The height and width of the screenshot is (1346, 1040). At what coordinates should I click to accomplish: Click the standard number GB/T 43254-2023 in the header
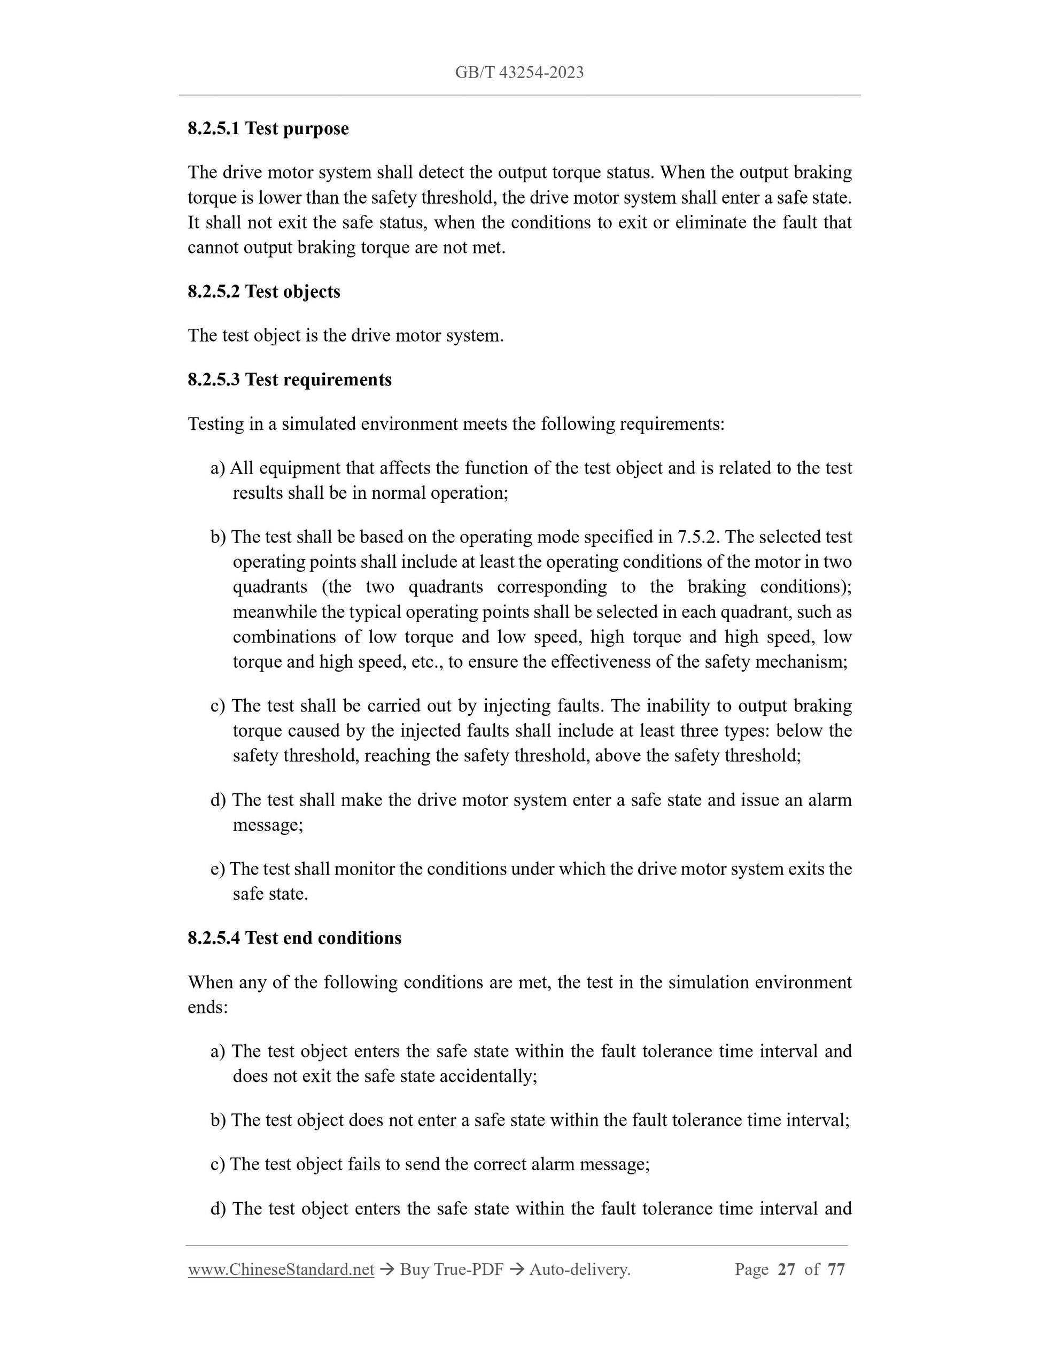pos(519,73)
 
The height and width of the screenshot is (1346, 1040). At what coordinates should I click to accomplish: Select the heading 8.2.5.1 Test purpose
pos(268,129)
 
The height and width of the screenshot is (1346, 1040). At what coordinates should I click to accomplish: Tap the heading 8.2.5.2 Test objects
pos(263,291)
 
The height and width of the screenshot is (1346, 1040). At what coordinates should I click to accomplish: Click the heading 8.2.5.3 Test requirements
pos(290,380)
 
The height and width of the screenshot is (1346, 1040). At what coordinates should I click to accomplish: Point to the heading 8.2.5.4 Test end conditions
pos(294,938)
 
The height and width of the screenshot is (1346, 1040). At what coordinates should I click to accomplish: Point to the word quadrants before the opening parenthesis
pos(270,587)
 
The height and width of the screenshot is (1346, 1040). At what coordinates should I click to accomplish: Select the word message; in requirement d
pos(268,825)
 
